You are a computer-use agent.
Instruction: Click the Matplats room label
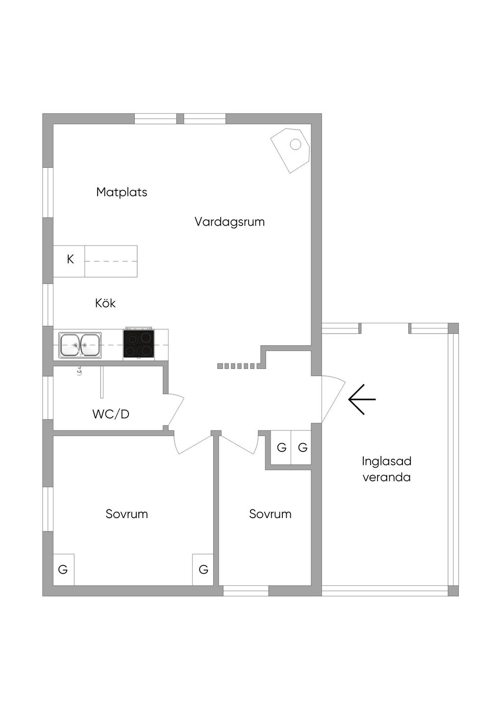tap(122, 192)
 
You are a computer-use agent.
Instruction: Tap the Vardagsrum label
tap(229, 222)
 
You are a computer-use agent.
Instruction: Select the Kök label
tap(105, 303)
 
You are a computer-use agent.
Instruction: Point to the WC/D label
tap(111, 414)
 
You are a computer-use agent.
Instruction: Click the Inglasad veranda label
tap(386, 469)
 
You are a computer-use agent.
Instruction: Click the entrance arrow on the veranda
tap(362, 399)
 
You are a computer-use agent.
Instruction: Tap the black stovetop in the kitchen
tap(139, 343)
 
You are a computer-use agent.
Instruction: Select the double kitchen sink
tap(80, 345)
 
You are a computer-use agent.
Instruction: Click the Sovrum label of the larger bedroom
tap(126, 514)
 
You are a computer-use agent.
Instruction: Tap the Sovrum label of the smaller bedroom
tap(270, 514)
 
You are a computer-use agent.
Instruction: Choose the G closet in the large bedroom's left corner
tap(63, 570)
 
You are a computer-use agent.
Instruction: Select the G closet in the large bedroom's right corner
tap(203, 570)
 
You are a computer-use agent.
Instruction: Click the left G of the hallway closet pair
tap(281, 448)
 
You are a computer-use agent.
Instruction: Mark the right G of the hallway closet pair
tap(302, 448)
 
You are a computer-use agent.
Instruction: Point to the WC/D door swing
tap(175, 410)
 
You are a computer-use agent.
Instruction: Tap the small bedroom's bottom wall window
tap(246, 591)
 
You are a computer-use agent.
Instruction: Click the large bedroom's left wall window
tap(48, 509)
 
